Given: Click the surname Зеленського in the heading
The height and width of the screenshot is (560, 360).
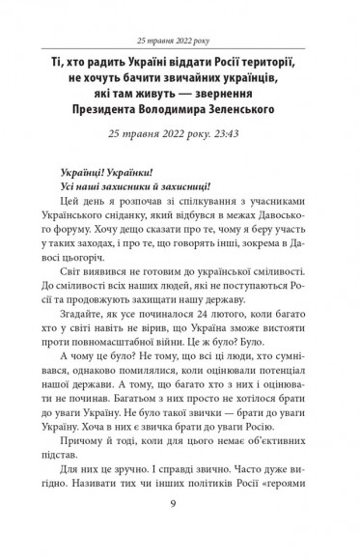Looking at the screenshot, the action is pyautogui.click(x=266, y=109).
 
